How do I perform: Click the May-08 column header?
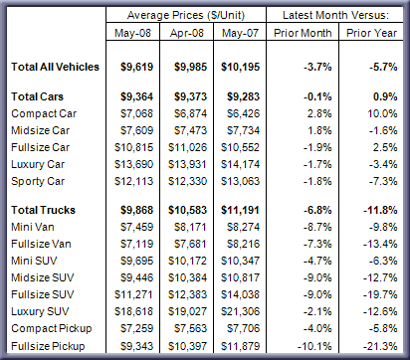(x=132, y=33)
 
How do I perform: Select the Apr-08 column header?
(x=187, y=33)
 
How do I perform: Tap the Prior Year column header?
(x=371, y=33)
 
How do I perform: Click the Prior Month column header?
(x=303, y=33)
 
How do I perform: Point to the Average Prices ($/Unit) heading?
(x=186, y=15)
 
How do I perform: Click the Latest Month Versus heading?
(x=335, y=15)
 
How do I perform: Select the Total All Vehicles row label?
(x=55, y=67)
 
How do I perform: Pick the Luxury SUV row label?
(x=40, y=311)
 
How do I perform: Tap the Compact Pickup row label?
(x=52, y=328)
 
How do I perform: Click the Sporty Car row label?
(x=38, y=181)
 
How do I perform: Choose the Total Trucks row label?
(x=43, y=210)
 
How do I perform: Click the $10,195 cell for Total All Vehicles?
(x=241, y=67)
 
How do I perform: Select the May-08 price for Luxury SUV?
(x=133, y=311)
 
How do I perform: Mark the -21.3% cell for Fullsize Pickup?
(x=380, y=346)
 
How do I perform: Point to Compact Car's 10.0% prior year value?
(x=382, y=113)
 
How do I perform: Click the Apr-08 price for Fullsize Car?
(x=187, y=147)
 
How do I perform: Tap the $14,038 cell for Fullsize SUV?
(x=241, y=294)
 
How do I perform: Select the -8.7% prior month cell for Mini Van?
(x=317, y=227)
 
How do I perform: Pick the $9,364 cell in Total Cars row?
(x=136, y=96)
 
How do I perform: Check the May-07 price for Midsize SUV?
(x=241, y=277)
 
